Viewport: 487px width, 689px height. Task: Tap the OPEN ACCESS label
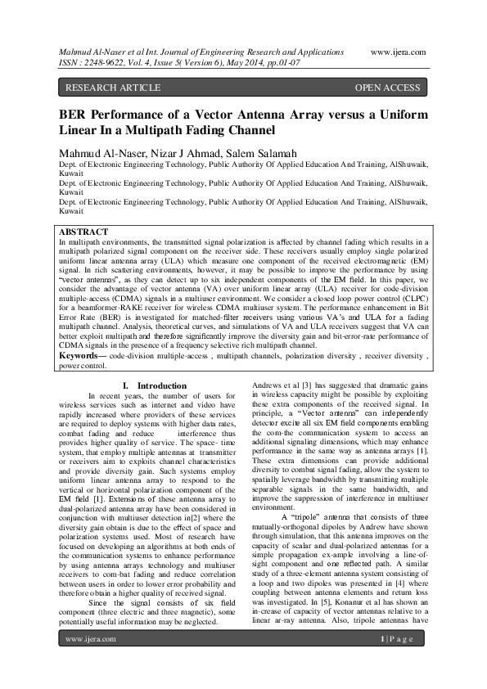pyautogui.click(x=387, y=87)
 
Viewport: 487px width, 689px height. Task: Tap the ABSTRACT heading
pyautogui.click(x=85, y=232)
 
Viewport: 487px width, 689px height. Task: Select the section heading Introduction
pyautogui.click(x=162, y=385)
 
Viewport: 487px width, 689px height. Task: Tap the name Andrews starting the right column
pyautogui.click(x=271, y=385)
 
